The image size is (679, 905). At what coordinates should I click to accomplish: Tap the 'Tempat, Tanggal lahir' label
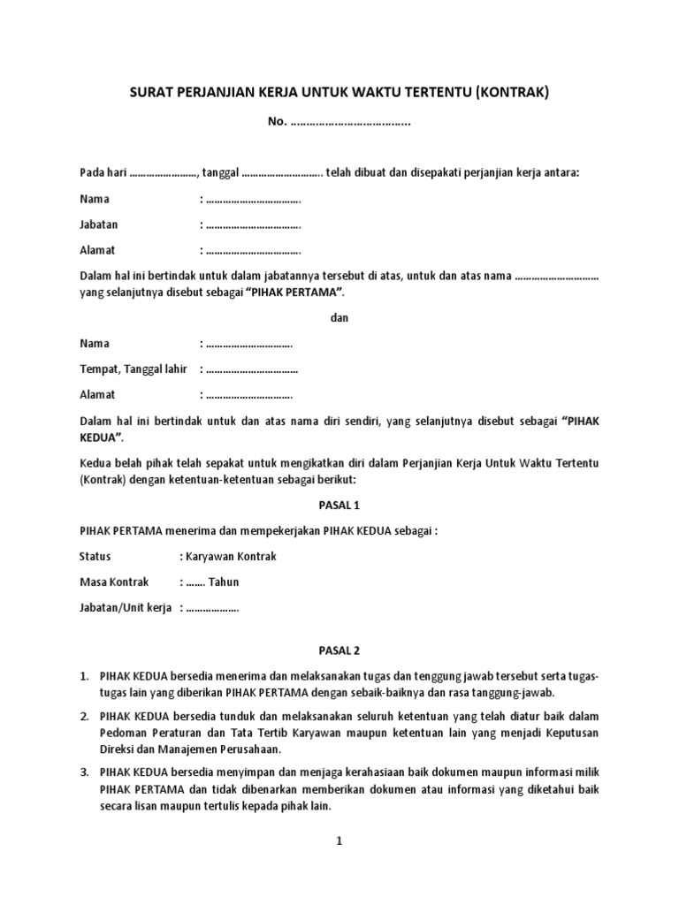pyautogui.click(x=134, y=369)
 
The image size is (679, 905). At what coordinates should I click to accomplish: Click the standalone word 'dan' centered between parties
pyautogui.click(x=339, y=318)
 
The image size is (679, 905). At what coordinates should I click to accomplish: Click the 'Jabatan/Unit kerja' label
pyautogui.click(x=126, y=608)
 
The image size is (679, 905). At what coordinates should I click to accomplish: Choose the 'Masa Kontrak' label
pyautogui.click(x=114, y=582)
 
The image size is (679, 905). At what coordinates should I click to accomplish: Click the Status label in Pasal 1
pyautogui.click(x=95, y=556)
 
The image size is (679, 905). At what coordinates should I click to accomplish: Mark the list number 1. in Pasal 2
pyautogui.click(x=85, y=677)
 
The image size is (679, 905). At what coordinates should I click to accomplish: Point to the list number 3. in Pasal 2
pyautogui.click(x=85, y=772)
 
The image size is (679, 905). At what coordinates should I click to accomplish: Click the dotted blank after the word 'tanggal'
pyautogui.click(x=282, y=173)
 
